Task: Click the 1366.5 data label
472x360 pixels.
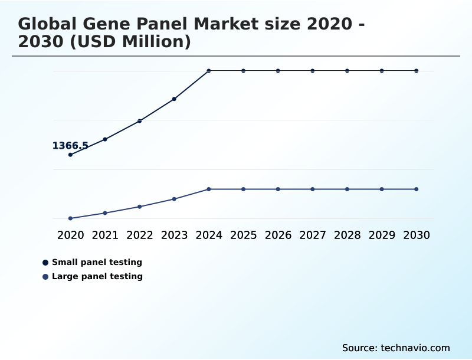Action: tap(70, 146)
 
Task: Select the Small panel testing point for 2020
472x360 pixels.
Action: tap(71, 155)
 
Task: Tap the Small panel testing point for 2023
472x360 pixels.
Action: tap(174, 99)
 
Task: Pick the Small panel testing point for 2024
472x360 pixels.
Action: tap(209, 71)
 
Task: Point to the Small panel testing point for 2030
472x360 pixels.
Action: tap(416, 71)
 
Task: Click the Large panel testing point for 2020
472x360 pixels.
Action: tap(71, 218)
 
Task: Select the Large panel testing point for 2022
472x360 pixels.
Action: tap(140, 207)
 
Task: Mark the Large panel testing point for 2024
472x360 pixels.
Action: tap(209, 189)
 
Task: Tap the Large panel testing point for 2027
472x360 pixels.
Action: tap(313, 189)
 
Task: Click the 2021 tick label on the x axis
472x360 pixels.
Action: tap(105, 235)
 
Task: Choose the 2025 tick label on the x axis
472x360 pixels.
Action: tap(243, 235)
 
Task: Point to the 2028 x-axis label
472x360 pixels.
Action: tap(347, 235)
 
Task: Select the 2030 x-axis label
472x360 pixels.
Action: tap(416, 235)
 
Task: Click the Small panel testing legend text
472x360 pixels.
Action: tap(97, 262)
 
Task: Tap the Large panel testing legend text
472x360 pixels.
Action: tap(97, 276)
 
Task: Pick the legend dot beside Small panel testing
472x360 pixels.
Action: tap(45, 263)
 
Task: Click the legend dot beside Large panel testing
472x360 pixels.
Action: tap(45, 277)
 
